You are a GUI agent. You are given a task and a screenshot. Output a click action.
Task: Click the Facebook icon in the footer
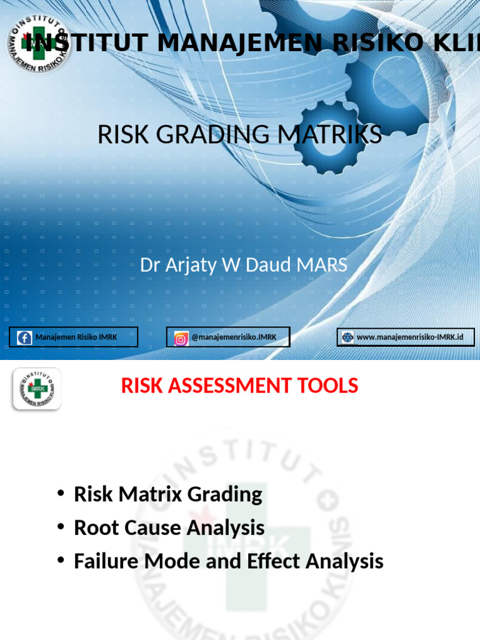25,337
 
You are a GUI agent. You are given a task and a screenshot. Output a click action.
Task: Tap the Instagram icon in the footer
181,338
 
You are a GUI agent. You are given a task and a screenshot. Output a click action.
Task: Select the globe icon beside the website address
347,337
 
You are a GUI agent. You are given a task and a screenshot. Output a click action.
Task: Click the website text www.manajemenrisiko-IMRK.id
410,337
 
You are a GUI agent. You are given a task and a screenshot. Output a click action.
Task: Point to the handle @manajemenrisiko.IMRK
233,337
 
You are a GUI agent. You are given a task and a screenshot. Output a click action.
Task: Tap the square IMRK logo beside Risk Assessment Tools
37,389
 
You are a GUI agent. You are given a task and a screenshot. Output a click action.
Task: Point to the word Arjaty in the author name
191,265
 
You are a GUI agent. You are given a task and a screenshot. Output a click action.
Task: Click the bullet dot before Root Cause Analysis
61,527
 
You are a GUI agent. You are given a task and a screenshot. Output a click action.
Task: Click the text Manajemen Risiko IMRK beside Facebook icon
76,337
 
